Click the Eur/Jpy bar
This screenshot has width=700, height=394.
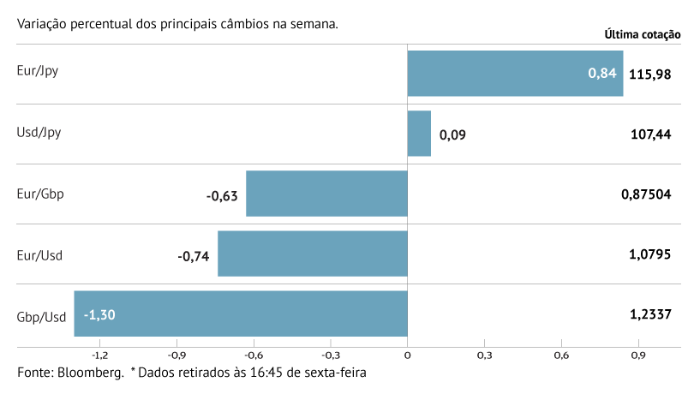[514, 73]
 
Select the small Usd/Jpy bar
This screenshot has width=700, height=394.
[419, 134]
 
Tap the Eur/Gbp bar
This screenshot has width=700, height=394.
[326, 194]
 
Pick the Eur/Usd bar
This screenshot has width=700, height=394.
[312, 254]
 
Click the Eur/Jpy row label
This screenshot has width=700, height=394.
[38, 71]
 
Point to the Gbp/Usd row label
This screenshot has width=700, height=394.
[41, 317]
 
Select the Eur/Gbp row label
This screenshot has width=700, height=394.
[40, 194]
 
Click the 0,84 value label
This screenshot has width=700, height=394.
[602, 74]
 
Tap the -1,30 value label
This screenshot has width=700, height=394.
[99, 315]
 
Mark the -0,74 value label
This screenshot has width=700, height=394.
[194, 255]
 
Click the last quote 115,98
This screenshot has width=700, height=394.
[649, 75]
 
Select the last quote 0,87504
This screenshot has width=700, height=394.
[646, 194]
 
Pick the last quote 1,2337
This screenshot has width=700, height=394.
[649, 315]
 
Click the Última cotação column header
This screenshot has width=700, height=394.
[643, 35]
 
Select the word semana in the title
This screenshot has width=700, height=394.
[312, 23]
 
